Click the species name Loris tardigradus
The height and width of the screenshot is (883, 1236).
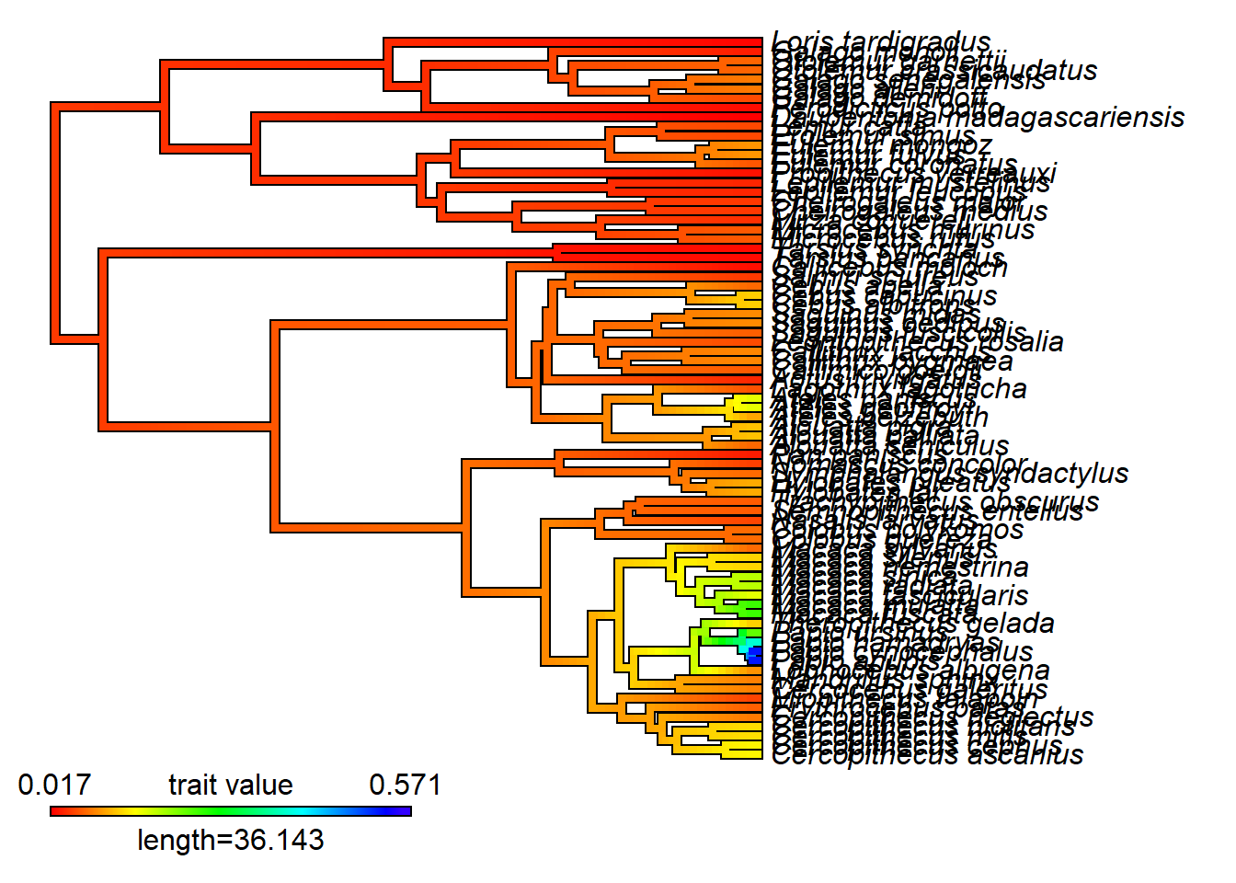click(881, 42)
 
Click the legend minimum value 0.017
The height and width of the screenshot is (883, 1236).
click(54, 785)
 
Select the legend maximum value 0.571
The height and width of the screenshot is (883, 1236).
click(405, 785)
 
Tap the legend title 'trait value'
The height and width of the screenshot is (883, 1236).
click(230, 785)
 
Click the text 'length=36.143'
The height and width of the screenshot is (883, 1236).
click(230, 840)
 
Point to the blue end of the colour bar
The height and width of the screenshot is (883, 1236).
click(405, 811)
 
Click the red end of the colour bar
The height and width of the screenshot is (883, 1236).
click(56, 811)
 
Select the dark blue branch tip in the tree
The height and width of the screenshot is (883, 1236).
click(755, 655)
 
